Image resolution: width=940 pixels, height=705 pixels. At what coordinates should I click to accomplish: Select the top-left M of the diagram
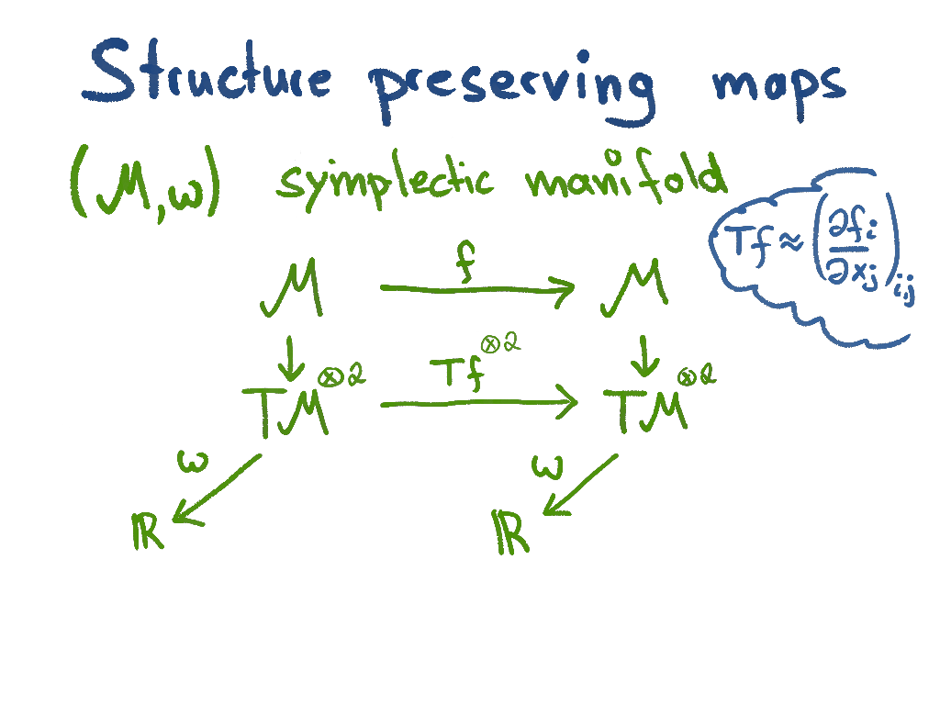pyautogui.click(x=291, y=290)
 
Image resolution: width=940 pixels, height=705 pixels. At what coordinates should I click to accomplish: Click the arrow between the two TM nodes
pyautogui.click(x=478, y=402)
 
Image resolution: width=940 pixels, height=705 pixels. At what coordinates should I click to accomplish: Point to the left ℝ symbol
pyautogui.click(x=148, y=531)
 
